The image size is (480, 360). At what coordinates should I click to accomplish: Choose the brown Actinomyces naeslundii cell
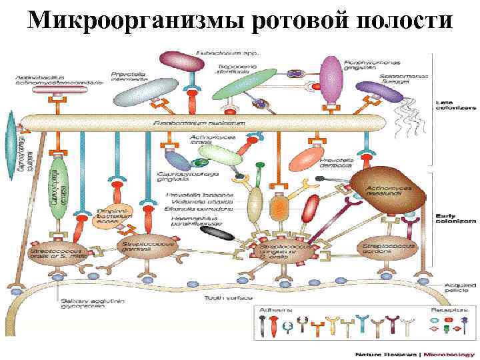click(387, 189)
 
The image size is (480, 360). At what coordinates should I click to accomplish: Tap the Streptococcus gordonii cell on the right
click(387, 251)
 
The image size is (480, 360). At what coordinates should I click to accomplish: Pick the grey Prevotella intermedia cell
click(141, 93)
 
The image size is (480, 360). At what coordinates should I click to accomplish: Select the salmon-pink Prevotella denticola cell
click(309, 160)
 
